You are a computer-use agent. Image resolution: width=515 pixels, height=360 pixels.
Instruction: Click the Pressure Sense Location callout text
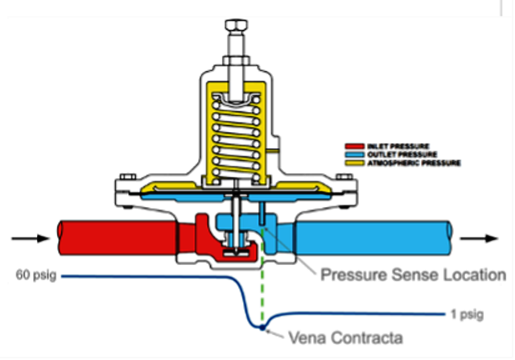(x=413, y=275)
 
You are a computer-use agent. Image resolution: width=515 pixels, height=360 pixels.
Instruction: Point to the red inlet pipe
(x=113, y=238)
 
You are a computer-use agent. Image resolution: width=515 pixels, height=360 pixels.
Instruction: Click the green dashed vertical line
(x=262, y=290)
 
